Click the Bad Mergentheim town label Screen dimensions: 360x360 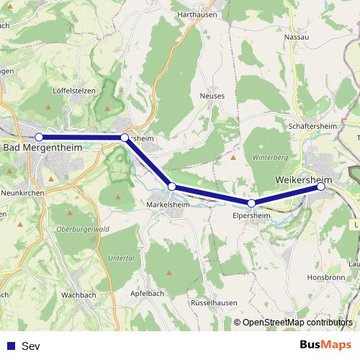[x=42, y=147]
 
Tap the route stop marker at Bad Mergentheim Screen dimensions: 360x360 [x=39, y=137]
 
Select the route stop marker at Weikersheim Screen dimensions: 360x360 [x=321, y=186]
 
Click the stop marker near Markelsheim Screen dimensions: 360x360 [x=171, y=186]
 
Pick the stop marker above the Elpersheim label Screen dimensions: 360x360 [x=251, y=203]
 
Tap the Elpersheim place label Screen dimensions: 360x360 [x=251, y=215]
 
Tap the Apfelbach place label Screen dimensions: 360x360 [x=148, y=294]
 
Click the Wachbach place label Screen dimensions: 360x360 [x=78, y=295]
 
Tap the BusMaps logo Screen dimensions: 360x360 [x=325, y=345]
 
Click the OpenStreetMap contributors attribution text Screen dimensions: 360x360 [x=297, y=323]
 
